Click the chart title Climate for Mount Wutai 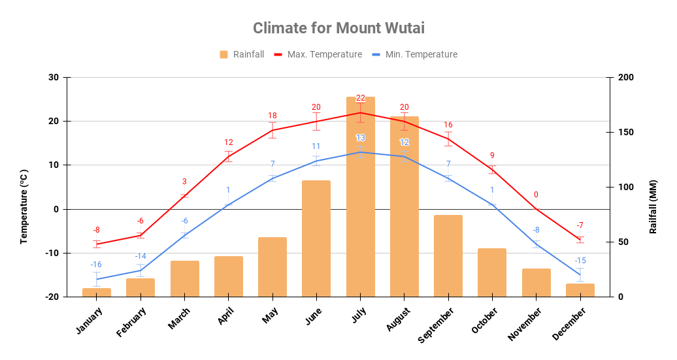[338, 28]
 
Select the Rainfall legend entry [242, 54]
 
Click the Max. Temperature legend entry [318, 54]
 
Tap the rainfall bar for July [360, 196]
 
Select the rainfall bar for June [316, 238]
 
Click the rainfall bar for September [448, 255]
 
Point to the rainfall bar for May [272, 267]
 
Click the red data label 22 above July [361, 98]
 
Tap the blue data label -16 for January [96, 264]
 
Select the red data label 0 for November [536, 195]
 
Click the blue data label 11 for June [316, 146]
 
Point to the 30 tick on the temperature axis [53, 78]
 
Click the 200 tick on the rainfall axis [626, 78]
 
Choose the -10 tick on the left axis [52, 253]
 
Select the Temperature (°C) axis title [24, 206]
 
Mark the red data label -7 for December [580, 225]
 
